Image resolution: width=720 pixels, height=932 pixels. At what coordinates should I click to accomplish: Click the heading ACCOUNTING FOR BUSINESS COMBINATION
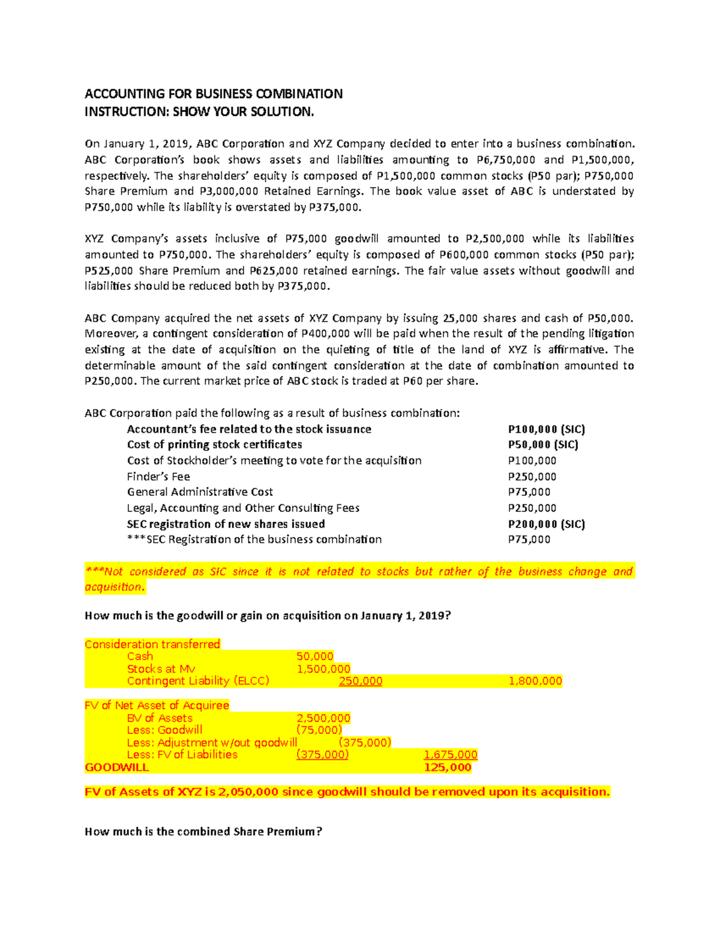[214, 94]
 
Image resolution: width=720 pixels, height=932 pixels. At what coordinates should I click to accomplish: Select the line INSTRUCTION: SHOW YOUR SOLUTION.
[199, 112]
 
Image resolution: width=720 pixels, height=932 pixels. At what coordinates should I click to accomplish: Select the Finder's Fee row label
[158, 477]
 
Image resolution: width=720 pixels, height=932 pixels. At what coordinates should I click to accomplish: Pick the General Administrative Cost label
[200, 492]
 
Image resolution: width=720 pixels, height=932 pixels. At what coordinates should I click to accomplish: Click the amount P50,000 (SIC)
[543, 445]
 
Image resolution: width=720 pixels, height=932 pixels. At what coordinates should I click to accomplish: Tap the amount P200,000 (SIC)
[546, 524]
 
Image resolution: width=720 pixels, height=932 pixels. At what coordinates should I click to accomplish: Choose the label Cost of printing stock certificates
[214, 445]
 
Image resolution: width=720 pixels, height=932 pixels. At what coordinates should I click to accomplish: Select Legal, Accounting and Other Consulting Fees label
[243, 508]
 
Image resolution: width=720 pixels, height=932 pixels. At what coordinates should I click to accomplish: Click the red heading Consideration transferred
[152, 644]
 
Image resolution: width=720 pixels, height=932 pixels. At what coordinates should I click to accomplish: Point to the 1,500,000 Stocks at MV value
[323, 669]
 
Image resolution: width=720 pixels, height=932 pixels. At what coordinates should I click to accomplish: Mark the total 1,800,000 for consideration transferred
[535, 681]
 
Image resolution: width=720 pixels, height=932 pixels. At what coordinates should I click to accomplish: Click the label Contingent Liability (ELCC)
[198, 681]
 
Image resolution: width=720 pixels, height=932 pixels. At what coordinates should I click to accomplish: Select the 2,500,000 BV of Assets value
[323, 718]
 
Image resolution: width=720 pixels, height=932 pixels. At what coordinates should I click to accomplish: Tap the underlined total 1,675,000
[451, 754]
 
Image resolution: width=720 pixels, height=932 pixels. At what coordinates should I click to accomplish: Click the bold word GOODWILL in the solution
[117, 767]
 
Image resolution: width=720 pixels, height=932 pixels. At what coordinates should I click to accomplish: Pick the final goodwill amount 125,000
[448, 767]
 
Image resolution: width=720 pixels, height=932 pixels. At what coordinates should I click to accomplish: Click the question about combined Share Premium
[203, 832]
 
